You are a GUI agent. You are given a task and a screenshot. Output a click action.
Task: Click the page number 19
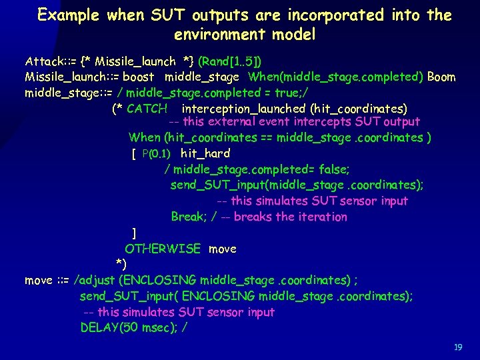coord(457,347)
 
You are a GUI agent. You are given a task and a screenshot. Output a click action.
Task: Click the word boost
coord(141,77)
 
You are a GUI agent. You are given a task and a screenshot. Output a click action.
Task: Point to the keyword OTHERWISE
coord(163,249)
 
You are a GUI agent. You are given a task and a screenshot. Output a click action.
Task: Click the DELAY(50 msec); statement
coord(133,327)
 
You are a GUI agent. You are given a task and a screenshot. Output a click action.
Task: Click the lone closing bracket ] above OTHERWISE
coord(134,233)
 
